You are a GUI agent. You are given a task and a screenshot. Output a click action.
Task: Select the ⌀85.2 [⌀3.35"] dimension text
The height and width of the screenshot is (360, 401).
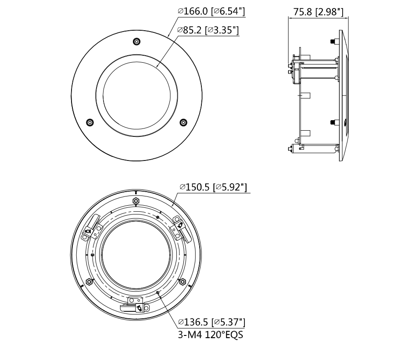point(208,30)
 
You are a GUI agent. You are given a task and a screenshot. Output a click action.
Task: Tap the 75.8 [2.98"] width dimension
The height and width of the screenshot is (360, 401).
point(318,12)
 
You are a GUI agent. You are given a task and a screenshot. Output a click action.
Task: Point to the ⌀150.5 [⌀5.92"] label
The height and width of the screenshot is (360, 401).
point(213,188)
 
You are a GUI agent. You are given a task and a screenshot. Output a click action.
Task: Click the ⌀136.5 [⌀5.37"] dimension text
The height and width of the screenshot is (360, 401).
point(211,323)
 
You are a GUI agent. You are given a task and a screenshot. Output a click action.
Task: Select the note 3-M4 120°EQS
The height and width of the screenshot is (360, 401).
point(210,335)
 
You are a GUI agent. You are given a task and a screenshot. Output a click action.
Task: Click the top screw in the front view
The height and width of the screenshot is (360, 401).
point(137,42)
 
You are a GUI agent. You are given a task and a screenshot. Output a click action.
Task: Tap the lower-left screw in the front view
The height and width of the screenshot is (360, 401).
point(90,122)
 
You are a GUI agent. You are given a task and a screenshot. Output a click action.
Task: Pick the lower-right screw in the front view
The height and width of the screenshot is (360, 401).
point(183,122)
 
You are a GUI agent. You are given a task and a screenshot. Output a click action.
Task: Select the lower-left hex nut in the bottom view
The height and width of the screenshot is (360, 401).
point(90,282)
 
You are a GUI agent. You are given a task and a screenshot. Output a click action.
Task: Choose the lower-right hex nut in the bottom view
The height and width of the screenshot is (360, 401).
point(183,282)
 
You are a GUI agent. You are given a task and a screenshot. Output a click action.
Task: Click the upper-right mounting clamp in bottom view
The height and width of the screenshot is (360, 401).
point(180,228)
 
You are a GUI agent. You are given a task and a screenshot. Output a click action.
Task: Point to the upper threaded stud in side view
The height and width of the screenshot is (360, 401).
point(332,42)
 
